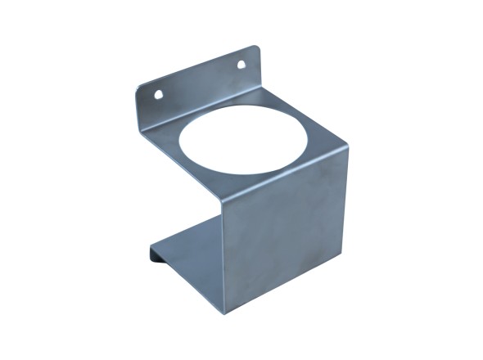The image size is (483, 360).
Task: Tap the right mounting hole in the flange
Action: (x=242, y=64)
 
